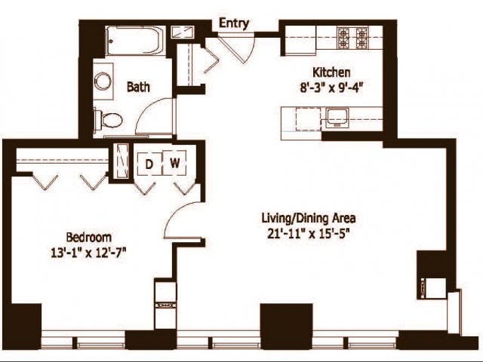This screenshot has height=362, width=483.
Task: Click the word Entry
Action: pos(234,23)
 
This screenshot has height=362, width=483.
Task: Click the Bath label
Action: pos(138,87)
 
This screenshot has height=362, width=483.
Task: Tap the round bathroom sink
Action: pos(103,81)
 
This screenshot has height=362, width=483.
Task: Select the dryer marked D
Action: pos(149,162)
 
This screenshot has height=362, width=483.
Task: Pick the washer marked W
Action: pos(174,162)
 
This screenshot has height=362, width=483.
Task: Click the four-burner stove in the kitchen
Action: pos(352,36)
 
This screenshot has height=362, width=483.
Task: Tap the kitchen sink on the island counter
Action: pos(336,117)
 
